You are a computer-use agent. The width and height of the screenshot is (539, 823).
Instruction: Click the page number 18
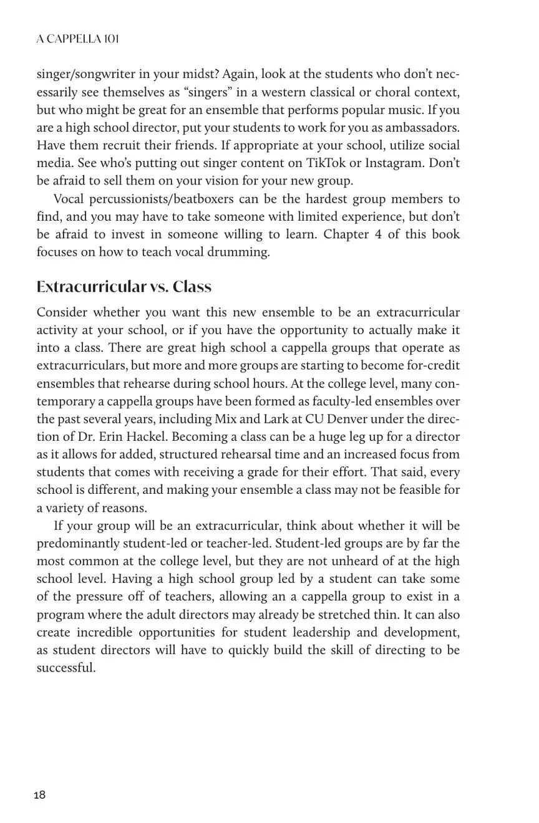[x=39, y=795]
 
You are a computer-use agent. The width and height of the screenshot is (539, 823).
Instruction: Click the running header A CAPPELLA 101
[x=77, y=39]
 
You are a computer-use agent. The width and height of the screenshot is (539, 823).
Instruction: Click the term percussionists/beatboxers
[x=162, y=199]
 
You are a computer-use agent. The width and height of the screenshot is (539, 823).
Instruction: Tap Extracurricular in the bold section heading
[x=91, y=287]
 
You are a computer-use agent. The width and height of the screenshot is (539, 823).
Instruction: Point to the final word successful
[x=66, y=668]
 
